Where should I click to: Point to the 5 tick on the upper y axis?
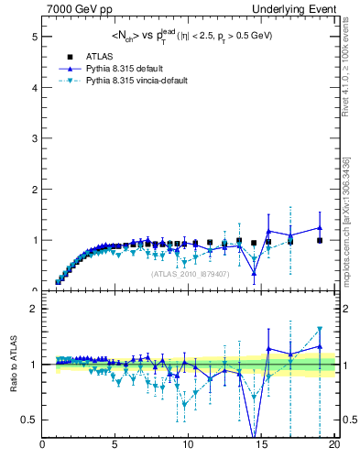tap(35, 37)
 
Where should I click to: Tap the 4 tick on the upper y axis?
tap(35, 88)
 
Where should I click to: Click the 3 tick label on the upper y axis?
tap(35, 139)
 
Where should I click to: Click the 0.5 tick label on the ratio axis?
tap(31, 420)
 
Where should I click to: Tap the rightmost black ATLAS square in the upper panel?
tap(320, 240)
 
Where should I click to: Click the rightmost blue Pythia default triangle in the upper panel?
tap(320, 228)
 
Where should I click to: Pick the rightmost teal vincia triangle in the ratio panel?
tap(320, 330)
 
